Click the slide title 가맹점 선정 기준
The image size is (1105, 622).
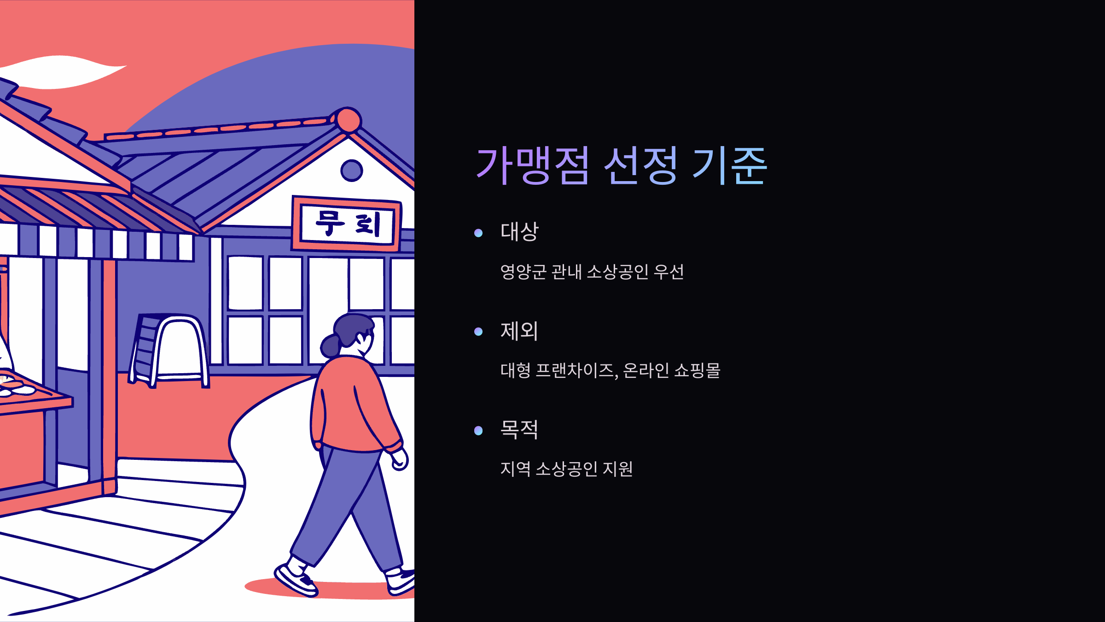621,165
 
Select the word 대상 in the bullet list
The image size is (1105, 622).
519,231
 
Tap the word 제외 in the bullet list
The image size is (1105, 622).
519,330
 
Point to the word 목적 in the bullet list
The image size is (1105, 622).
519,429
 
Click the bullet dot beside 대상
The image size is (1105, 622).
478,233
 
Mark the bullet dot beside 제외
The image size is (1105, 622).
478,332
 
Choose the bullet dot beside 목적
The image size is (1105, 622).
478,431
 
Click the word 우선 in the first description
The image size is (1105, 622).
669,272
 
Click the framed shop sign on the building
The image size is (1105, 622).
346,224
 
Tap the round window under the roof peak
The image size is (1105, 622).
352,171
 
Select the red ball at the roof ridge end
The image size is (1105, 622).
349,120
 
